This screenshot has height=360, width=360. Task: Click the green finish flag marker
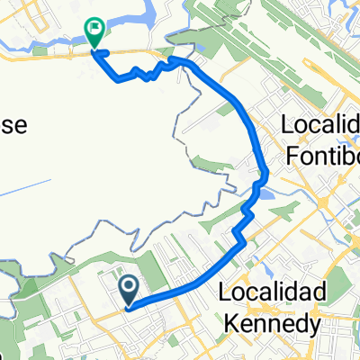94,31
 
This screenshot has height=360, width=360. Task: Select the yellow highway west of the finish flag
45,55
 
